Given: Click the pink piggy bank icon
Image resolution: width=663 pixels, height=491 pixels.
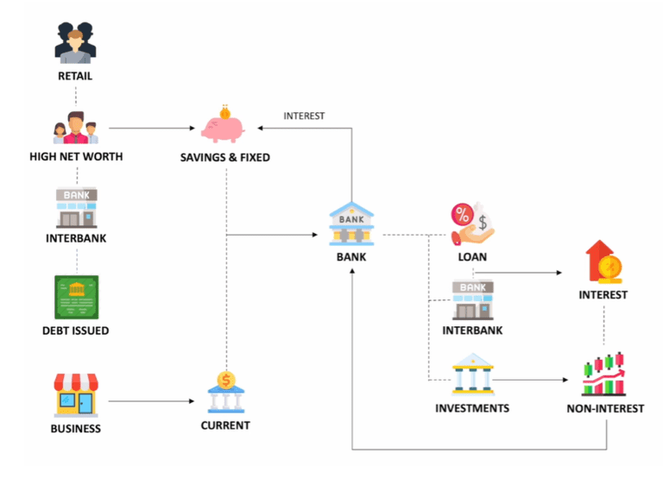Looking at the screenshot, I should click(x=224, y=126).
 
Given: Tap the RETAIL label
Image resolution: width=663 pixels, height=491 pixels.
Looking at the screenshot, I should click(x=75, y=76).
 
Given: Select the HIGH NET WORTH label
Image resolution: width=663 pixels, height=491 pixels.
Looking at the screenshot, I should click(x=76, y=156).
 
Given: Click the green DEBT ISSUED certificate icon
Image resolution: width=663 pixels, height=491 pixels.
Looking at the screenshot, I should click(x=76, y=298).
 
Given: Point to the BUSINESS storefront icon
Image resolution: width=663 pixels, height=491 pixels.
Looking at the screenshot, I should click(x=76, y=395).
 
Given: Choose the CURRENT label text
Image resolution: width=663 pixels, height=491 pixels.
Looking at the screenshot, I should click(x=225, y=425).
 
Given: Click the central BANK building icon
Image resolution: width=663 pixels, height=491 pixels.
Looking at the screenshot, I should click(x=351, y=223).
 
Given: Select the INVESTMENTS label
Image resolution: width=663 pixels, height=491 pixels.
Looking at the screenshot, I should click(x=472, y=408).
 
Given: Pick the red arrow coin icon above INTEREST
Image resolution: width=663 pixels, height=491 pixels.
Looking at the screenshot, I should click(x=603, y=261).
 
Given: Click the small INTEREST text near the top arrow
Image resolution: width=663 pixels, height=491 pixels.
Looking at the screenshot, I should click(x=304, y=116).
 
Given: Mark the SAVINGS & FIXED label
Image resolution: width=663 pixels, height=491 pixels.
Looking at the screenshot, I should click(x=225, y=157).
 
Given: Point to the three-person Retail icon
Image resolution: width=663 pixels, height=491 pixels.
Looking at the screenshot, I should click(x=75, y=41).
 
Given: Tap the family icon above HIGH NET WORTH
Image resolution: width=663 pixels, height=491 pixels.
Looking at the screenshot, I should click(x=75, y=128).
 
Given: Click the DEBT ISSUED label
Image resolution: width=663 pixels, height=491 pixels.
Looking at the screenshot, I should click(x=76, y=330).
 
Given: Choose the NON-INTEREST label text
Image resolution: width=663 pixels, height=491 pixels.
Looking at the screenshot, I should click(x=604, y=408).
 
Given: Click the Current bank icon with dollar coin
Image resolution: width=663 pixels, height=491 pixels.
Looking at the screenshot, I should click(x=225, y=393).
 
